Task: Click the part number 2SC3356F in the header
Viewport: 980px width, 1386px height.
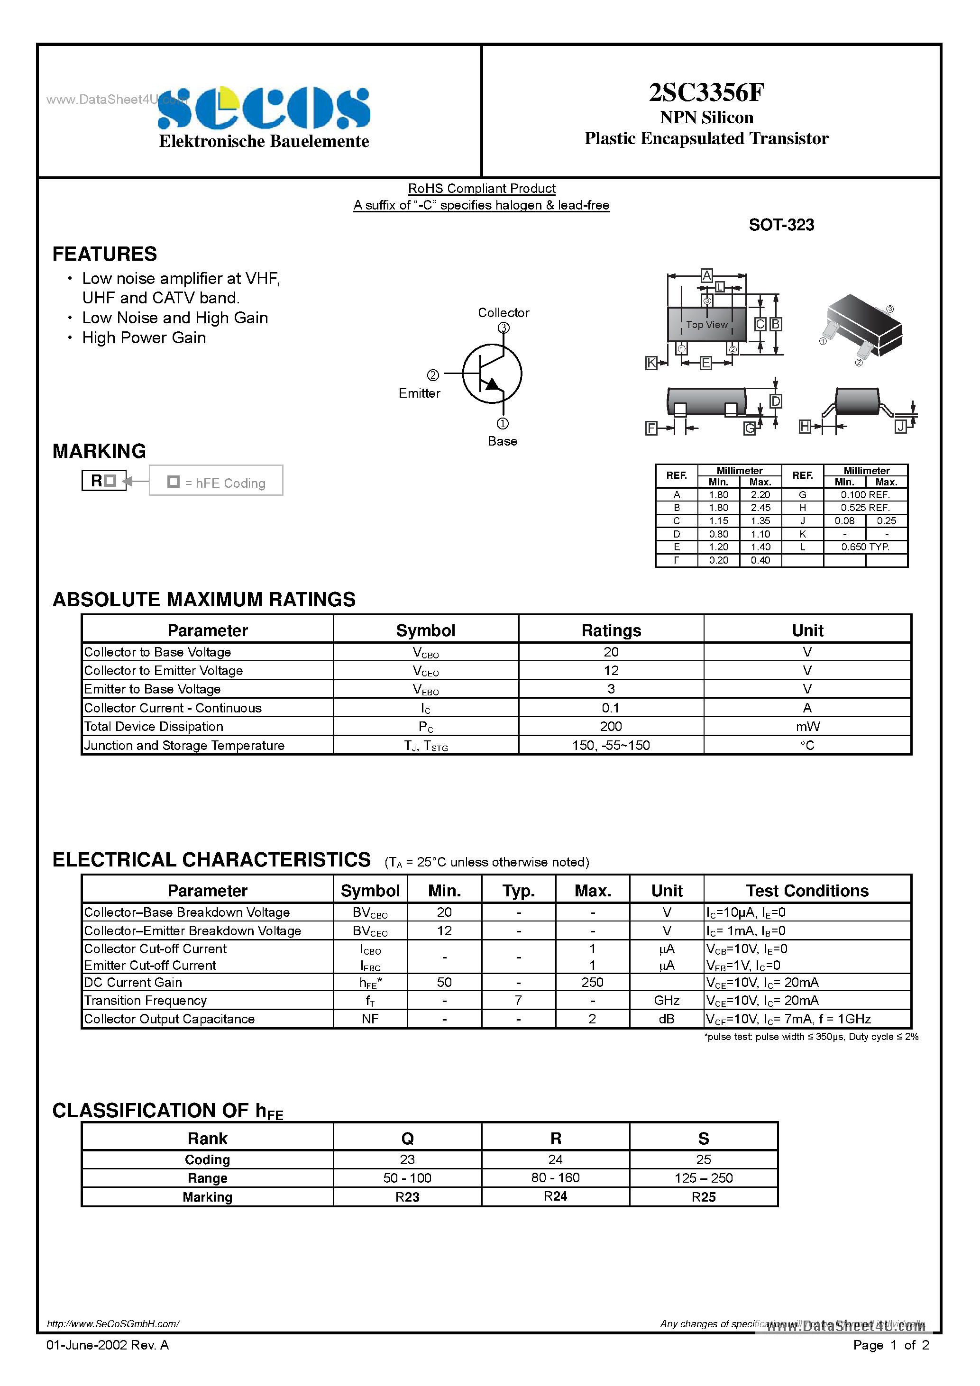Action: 706,92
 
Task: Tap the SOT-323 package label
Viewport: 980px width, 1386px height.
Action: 781,225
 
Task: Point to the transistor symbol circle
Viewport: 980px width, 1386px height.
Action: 492,374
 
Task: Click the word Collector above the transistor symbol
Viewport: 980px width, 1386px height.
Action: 503,313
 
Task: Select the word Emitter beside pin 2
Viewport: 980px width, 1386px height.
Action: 419,393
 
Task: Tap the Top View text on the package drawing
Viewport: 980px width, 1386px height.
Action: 706,325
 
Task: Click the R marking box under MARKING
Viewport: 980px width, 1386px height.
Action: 104,481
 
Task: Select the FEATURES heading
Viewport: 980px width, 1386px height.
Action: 104,254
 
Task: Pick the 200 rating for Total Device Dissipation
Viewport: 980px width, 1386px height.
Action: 611,727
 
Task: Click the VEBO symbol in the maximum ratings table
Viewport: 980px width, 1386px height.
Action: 425,689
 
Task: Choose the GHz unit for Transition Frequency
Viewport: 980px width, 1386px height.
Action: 666,1001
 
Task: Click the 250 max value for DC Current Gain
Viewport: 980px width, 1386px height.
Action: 592,983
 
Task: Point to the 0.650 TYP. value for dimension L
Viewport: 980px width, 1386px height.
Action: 865,547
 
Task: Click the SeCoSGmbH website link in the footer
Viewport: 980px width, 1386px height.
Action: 113,1324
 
